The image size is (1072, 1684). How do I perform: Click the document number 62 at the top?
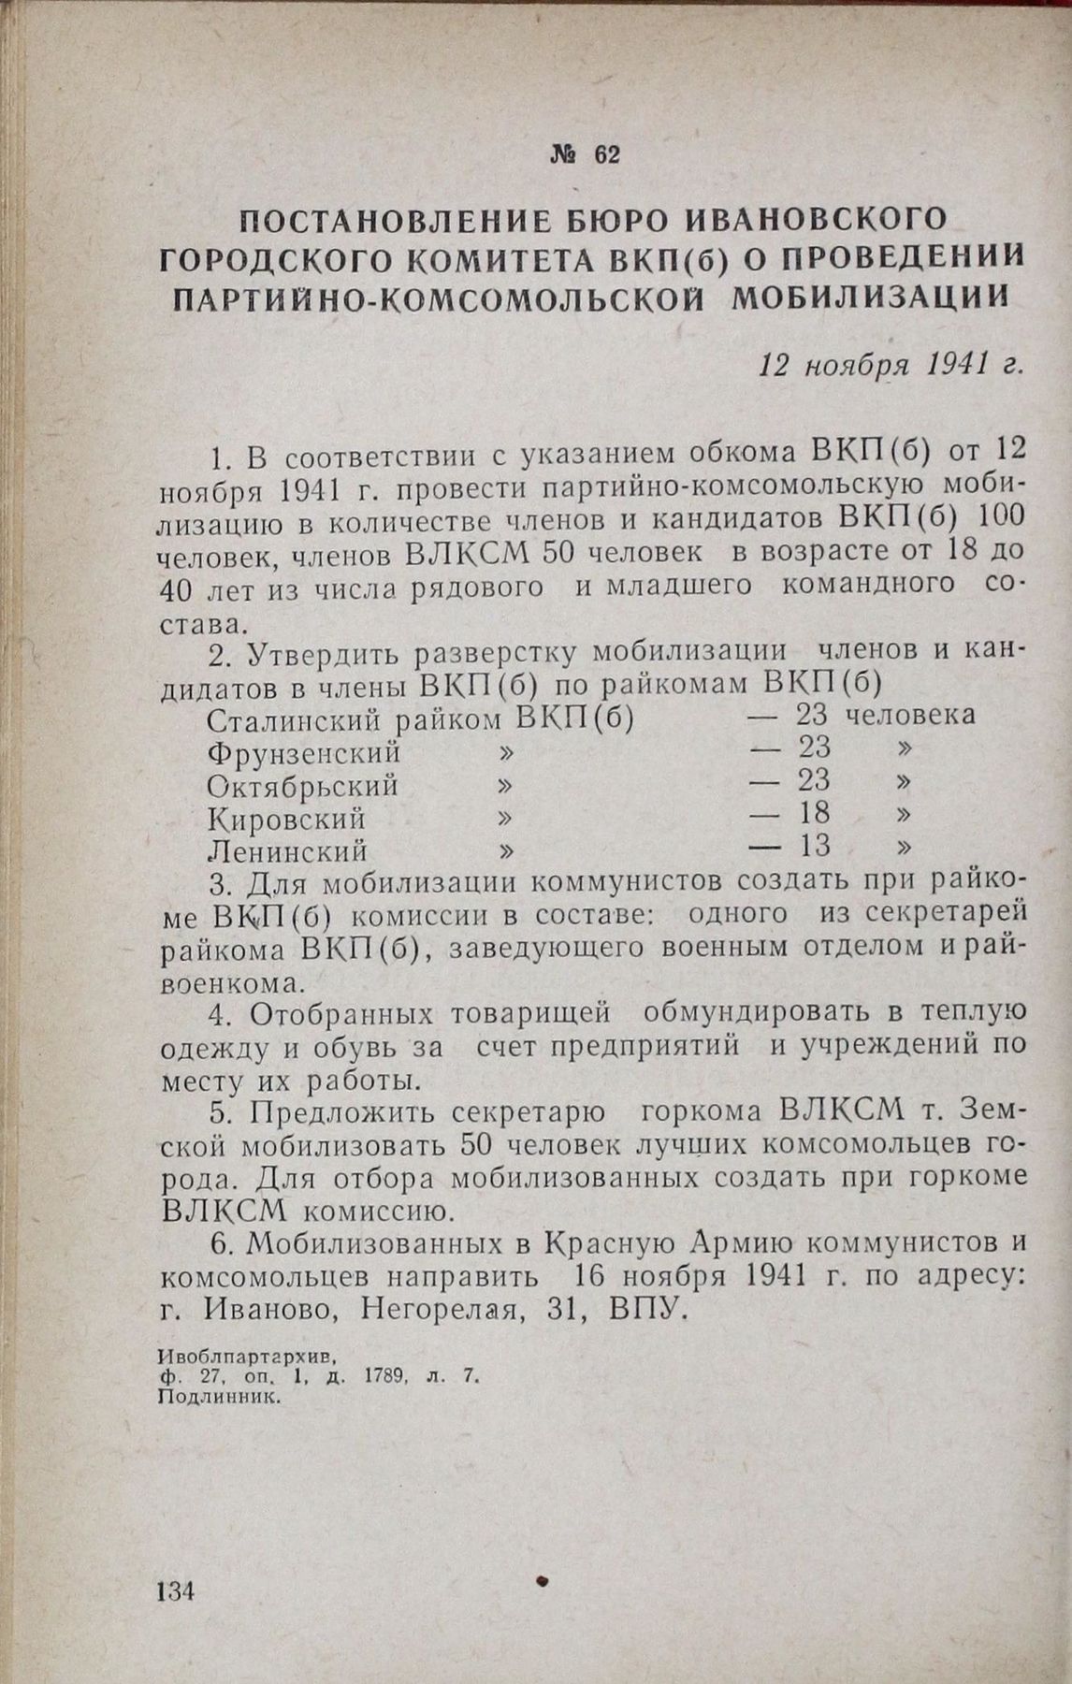605,155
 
